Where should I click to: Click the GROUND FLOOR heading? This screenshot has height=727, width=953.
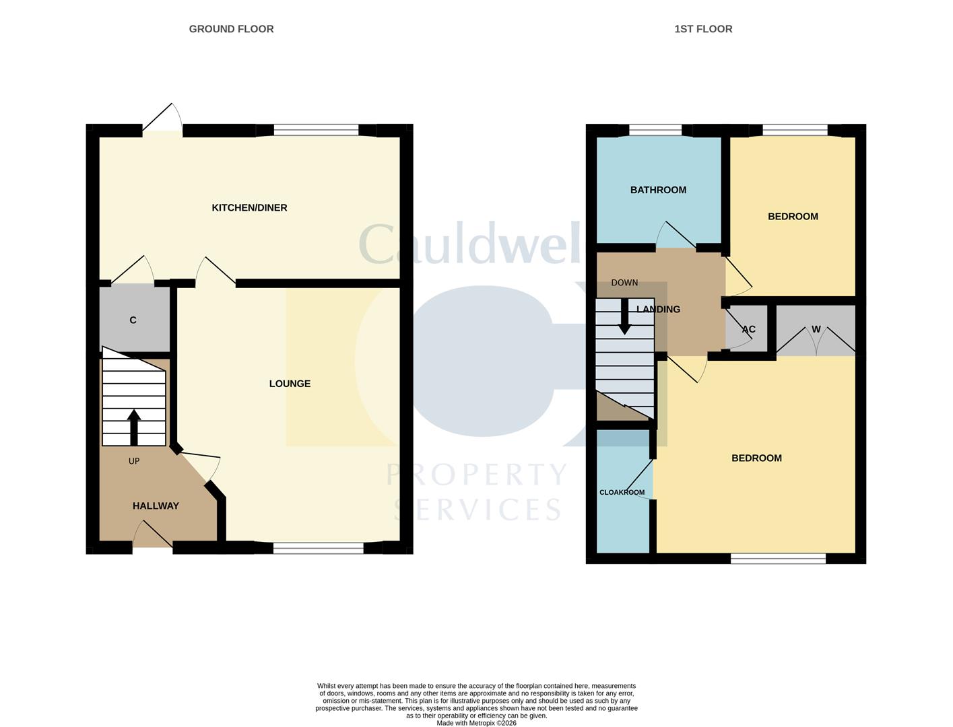click(231, 29)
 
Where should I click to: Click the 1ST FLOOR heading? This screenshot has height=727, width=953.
click(703, 29)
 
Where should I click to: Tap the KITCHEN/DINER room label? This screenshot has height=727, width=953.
click(249, 208)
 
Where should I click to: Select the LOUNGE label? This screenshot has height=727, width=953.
click(290, 384)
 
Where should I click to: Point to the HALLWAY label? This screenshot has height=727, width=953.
click(156, 506)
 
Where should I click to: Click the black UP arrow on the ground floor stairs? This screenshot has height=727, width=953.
click(134, 427)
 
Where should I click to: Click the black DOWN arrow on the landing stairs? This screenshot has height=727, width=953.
click(625, 316)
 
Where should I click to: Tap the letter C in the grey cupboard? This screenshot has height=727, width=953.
click(133, 320)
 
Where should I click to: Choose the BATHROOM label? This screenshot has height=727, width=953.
click(658, 190)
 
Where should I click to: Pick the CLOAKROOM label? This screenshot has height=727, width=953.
click(622, 492)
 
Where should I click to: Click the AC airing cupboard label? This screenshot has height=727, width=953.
click(748, 329)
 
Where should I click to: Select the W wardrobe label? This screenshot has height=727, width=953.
click(816, 329)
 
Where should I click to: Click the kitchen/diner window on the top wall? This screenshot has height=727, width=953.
click(316, 130)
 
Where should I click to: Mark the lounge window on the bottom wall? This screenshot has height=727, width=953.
click(319, 549)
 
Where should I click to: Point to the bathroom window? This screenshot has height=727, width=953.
click(655, 130)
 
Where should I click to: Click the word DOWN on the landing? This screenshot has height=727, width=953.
click(624, 283)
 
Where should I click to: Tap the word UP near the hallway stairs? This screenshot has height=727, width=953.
click(134, 461)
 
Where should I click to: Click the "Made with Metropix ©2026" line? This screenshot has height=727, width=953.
click(476, 723)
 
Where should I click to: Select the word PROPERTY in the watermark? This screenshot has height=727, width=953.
click(476, 474)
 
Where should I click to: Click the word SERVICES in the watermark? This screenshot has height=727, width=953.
click(477, 510)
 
